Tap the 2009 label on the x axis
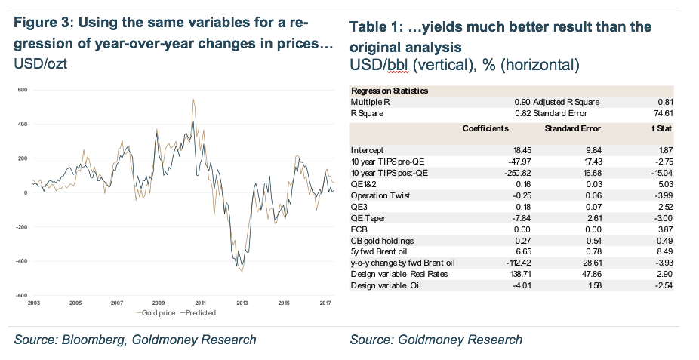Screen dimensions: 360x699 pos(159,302)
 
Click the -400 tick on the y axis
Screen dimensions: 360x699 pos(23,262)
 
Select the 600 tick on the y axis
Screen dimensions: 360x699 pos(23,90)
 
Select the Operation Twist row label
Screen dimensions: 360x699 pos(379,194)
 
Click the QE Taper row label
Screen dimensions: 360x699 pos(368,217)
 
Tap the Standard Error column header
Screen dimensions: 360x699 pos(572,129)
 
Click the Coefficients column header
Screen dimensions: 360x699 pos(485,129)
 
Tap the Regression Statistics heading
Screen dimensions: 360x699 pos(390,91)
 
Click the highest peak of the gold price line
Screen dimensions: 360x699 pos(193,100)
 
